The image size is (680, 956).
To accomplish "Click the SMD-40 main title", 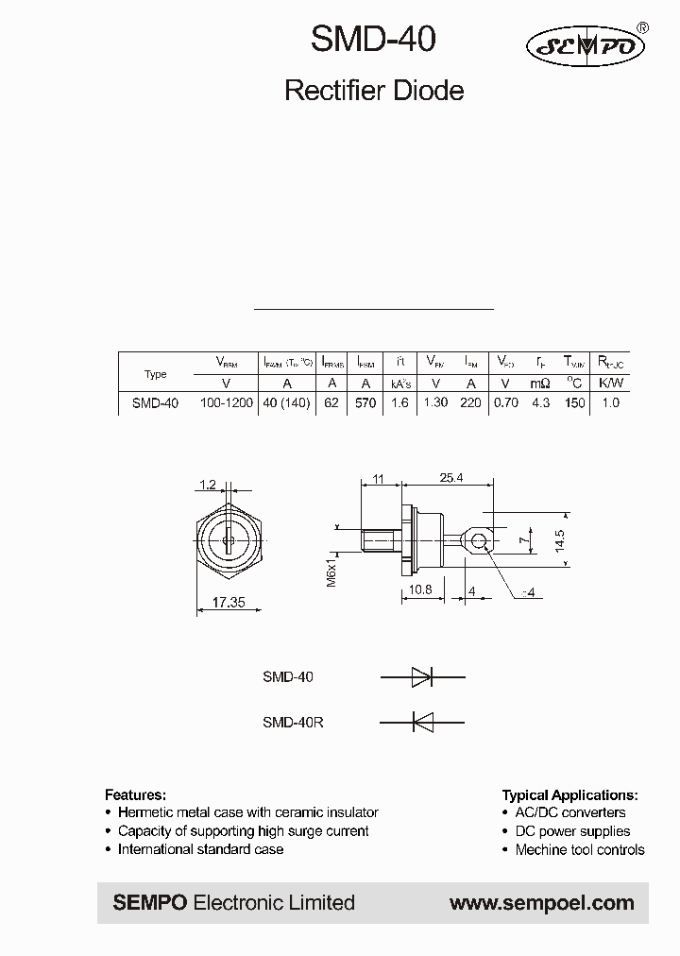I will (374, 41).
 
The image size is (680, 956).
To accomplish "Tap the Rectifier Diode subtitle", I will (374, 91).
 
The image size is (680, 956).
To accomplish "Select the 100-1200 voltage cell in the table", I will (226, 402).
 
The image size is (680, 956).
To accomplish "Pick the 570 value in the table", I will (365, 402).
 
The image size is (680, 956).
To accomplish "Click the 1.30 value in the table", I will (435, 402).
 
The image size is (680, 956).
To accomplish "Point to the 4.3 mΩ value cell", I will (540, 402).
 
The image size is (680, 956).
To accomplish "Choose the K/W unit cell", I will (611, 383).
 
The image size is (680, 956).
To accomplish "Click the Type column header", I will (155, 374).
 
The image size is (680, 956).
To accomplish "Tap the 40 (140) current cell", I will (287, 402).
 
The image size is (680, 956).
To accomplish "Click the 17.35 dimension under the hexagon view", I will (229, 601).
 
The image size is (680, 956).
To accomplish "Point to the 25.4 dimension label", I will (451, 478).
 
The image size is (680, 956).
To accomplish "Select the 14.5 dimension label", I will (561, 539).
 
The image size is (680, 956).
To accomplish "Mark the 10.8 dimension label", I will (420, 589).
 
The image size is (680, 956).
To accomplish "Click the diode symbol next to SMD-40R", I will (422, 722).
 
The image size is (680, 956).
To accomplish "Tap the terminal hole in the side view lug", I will (480, 540).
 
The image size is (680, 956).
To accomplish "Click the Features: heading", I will (135, 794).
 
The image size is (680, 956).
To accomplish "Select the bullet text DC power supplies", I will (572, 831).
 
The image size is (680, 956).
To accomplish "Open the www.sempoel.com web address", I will (541, 903).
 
